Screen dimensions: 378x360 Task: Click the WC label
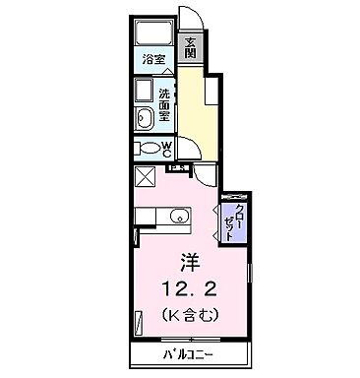[168, 149]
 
